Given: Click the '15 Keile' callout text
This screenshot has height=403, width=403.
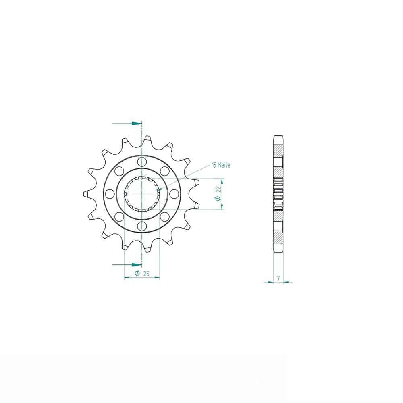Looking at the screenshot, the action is click(221, 165).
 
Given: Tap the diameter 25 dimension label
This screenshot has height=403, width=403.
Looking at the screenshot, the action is click(142, 274).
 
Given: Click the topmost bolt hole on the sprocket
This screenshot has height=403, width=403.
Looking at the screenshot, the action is click(142, 162).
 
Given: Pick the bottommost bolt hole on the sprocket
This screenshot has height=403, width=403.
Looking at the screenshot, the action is click(142, 226).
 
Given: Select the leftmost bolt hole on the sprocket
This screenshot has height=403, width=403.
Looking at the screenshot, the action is click(110, 194).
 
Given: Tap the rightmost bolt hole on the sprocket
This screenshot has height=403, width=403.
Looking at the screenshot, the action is click(174, 194).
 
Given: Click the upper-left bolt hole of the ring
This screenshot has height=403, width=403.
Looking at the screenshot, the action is click(119, 171).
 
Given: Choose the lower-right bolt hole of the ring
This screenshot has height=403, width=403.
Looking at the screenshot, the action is click(165, 217).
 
